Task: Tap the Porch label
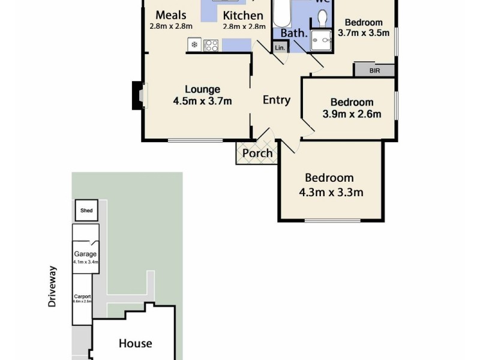(257, 154)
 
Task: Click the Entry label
(277, 100)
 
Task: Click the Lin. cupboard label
(280, 48)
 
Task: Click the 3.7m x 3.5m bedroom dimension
(364, 34)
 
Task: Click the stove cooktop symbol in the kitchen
(212, 44)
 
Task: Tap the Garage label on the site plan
(85, 254)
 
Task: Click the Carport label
(82, 296)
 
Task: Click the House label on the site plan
(135, 344)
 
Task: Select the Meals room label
(170, 16)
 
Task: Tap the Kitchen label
(243, 16)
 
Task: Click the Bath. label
(294, 34)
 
